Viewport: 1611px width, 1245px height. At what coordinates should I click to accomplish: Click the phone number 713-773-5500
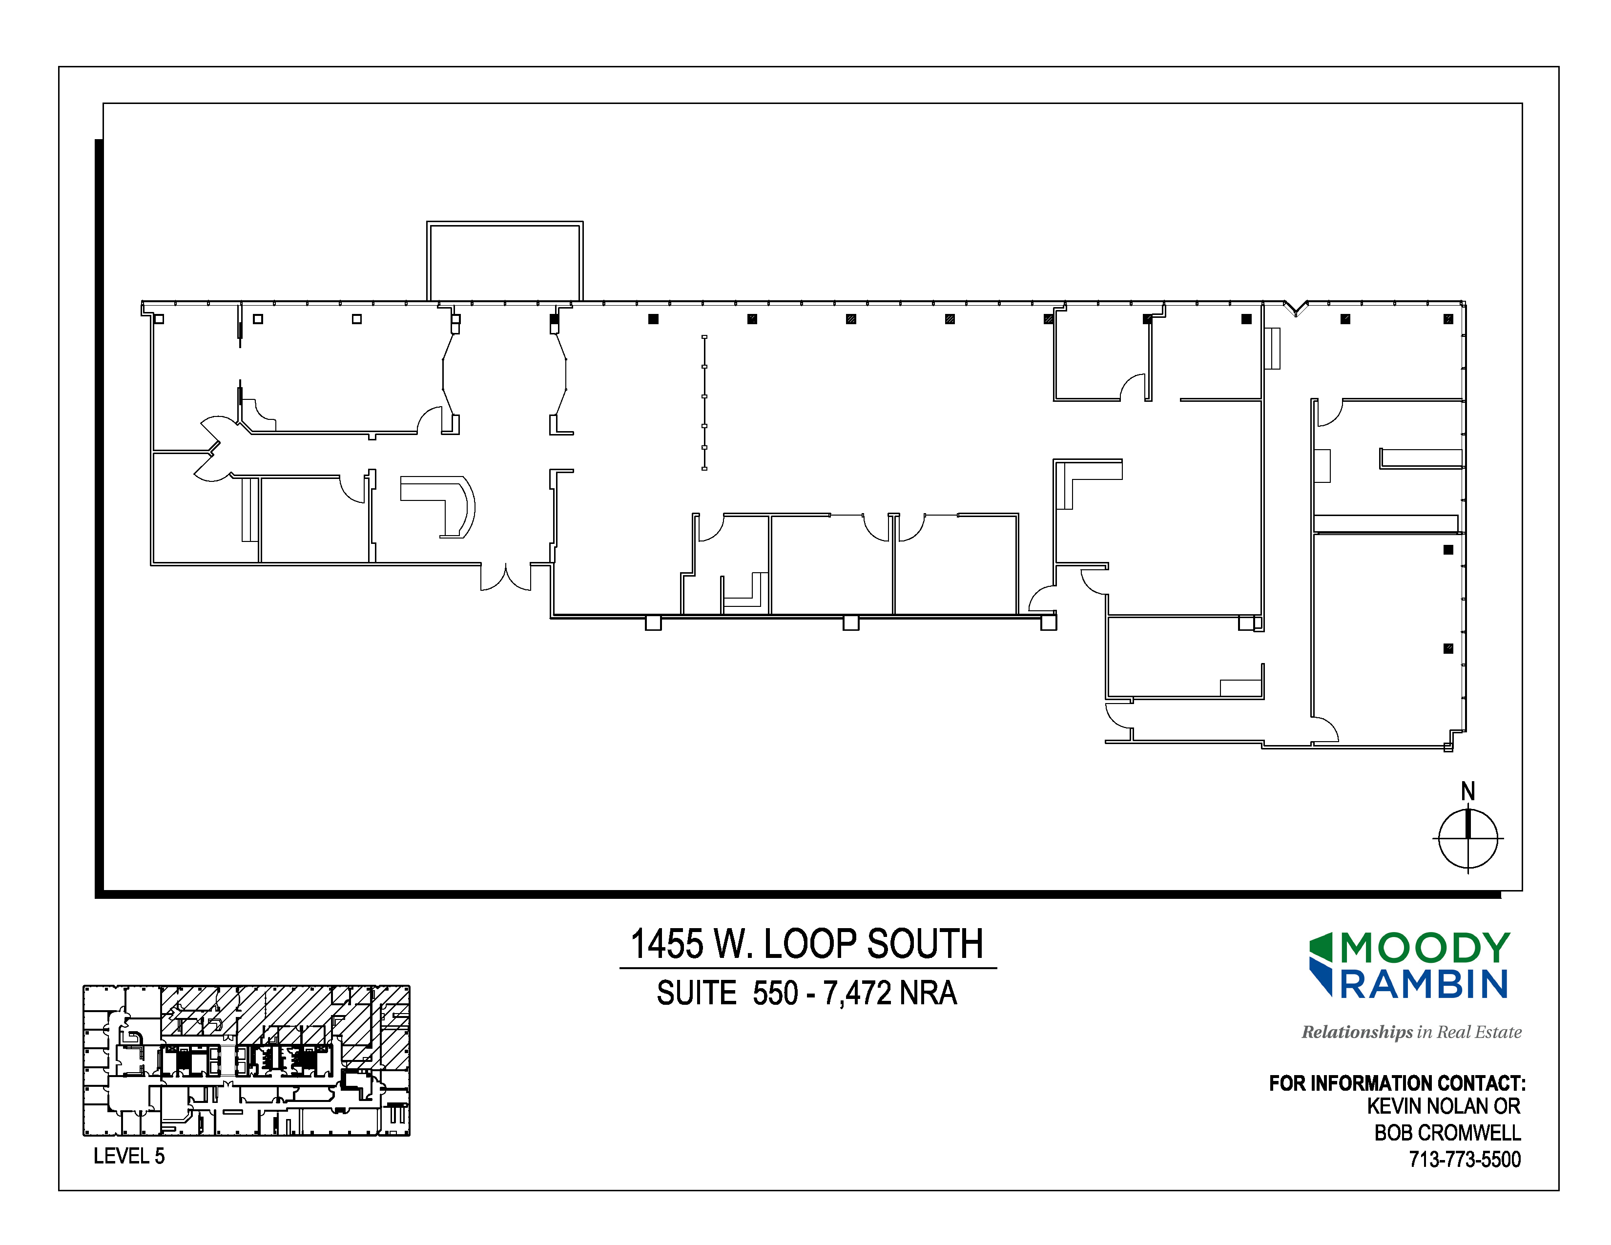1465,1160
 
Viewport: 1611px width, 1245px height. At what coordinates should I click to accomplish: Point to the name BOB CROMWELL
1447,1133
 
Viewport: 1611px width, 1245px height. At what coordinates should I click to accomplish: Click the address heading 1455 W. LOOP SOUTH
807,944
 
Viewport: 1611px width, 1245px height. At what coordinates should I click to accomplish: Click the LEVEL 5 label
129,1157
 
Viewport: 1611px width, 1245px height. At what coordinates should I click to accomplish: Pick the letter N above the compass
1468,791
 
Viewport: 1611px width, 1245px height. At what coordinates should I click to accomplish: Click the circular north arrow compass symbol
1468,839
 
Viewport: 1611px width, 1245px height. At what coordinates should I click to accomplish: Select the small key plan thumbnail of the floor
247,1060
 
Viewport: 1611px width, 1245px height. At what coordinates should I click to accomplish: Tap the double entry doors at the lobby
505,578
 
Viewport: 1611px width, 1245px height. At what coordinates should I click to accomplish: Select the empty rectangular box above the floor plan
505,261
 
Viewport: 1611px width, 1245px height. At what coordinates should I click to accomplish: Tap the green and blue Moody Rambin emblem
1321,964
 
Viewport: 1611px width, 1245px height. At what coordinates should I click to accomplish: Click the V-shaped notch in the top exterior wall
1295,308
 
